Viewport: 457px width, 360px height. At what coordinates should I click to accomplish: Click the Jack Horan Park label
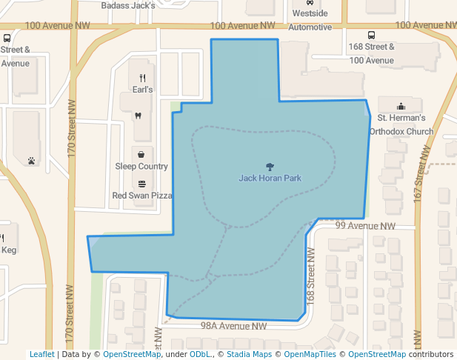270,179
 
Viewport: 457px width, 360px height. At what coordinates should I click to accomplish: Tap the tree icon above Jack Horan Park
270,167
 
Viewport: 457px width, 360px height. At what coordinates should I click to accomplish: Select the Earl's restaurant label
142,90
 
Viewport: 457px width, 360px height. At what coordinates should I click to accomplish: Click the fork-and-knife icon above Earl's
142,78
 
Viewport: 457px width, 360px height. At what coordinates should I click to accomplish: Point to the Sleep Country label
141,167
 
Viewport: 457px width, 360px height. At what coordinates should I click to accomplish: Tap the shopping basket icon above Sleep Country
141,155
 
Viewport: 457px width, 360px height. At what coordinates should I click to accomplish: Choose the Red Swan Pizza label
141,196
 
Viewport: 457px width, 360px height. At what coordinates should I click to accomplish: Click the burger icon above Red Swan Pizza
141,184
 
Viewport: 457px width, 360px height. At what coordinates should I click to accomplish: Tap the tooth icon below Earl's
137,116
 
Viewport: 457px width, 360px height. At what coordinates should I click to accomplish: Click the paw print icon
31,159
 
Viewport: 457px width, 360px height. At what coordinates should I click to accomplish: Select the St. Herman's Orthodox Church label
405,124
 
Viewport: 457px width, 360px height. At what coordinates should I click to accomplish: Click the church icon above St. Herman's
401,106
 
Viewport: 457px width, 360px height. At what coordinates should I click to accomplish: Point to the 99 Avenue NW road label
365,226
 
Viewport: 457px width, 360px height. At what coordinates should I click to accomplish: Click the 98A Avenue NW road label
233,326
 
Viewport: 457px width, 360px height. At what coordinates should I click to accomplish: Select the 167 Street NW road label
422,170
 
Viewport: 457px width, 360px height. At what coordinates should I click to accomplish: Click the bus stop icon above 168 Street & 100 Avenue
372,35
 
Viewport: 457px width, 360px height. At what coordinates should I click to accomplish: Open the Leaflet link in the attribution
41,354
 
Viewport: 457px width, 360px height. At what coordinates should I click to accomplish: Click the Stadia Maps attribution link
248,354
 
